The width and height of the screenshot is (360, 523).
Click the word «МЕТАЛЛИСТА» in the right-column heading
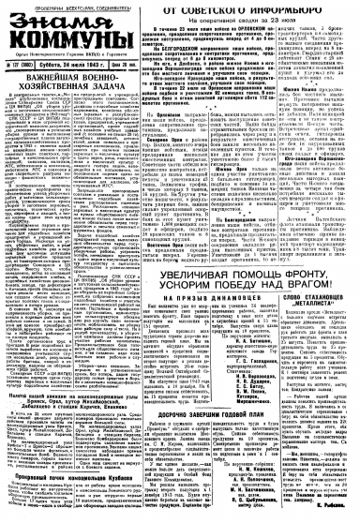310,279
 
